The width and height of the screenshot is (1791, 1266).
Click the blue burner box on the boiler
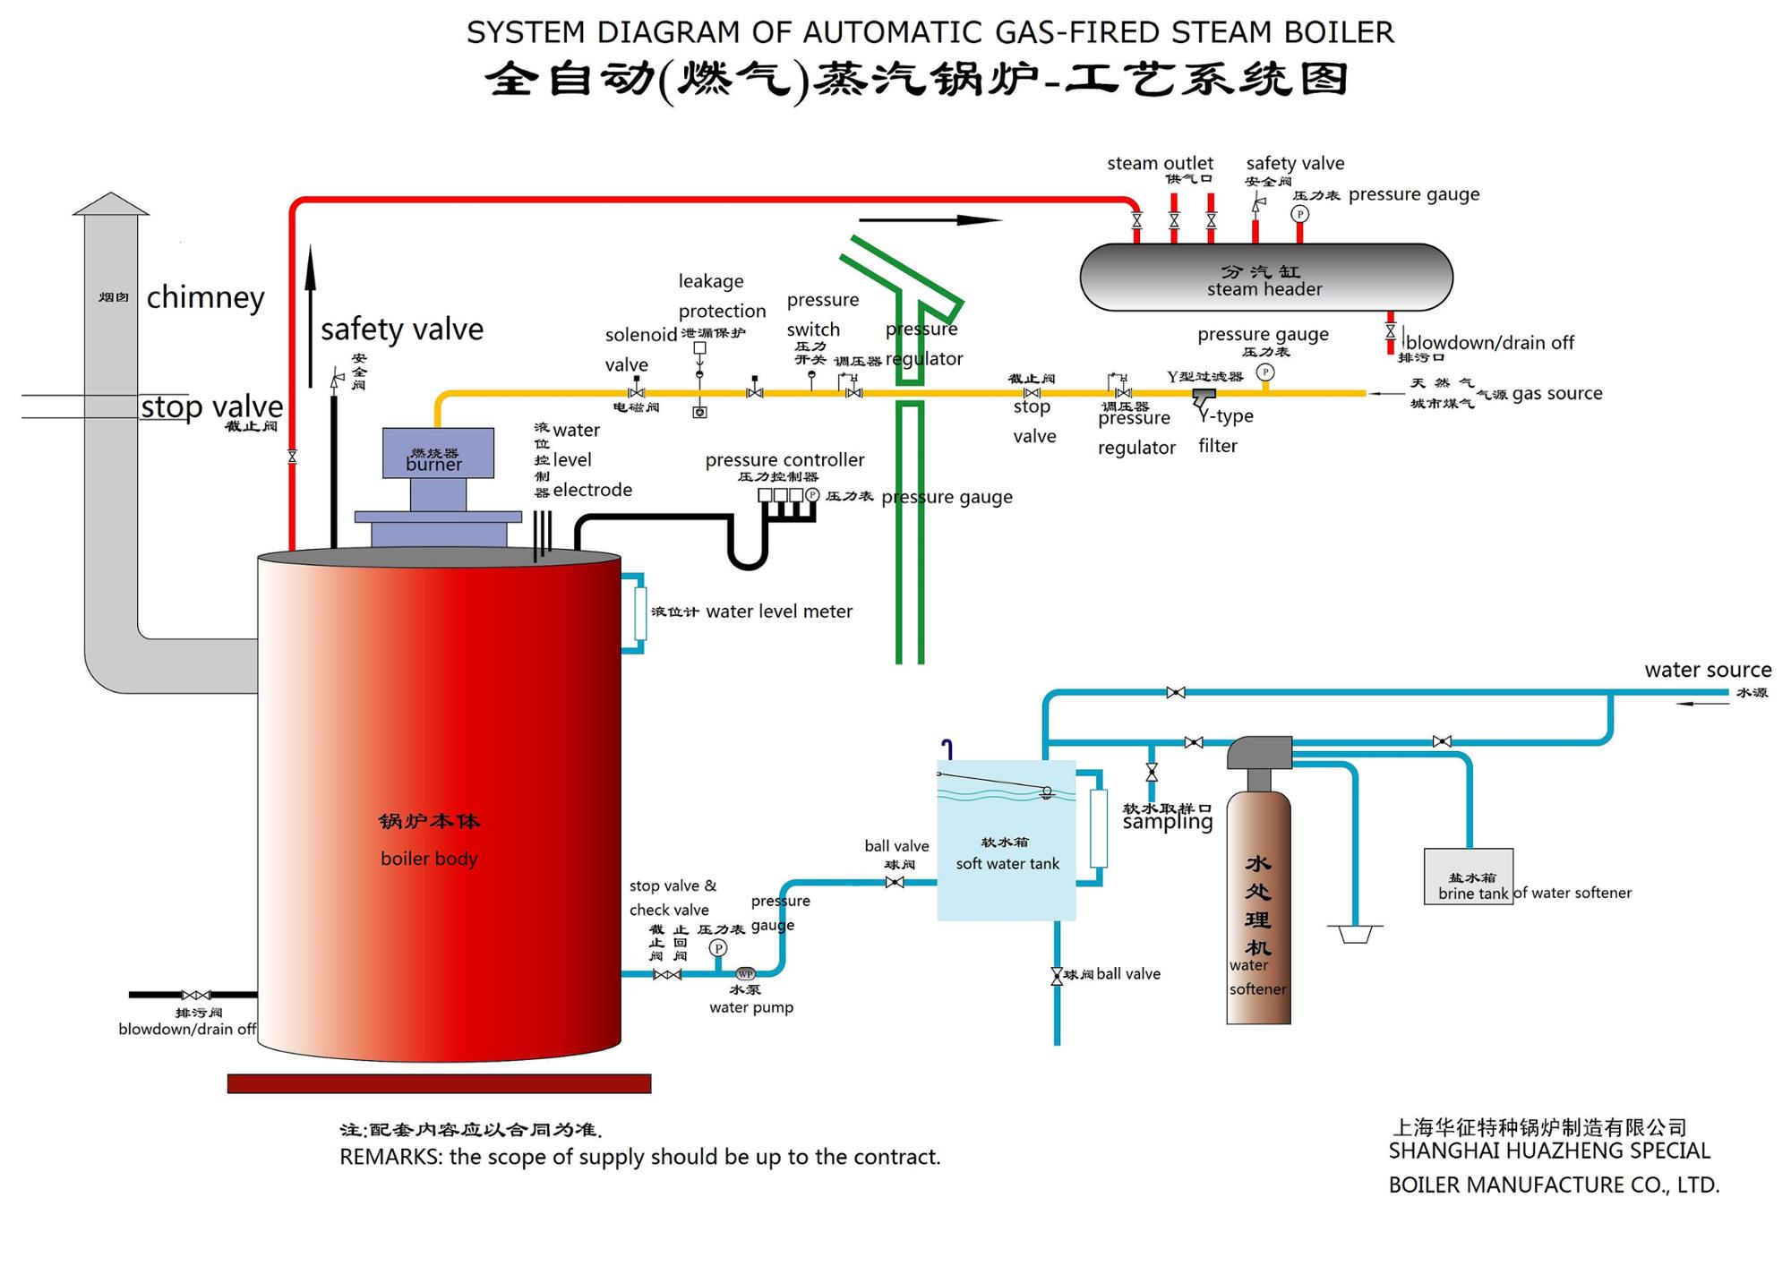click(438, 452)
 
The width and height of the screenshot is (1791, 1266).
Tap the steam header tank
click(1265, 278)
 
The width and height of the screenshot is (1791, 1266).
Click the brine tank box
click(1469, 877)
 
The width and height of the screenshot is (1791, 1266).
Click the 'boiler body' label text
click(429, 859)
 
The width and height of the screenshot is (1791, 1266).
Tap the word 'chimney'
click(205, 297)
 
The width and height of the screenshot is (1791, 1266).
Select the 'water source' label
click(1707, 670)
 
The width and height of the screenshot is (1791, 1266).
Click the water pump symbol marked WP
click(745, 974)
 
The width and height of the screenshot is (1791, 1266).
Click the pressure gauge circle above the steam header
click(1299, 214)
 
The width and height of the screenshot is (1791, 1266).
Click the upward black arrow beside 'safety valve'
click(311, 313)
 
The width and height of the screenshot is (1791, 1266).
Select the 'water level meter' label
click(779, 612)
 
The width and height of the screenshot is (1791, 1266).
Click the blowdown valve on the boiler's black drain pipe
click(196, 995)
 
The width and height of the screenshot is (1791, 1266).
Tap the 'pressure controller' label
click(784, 460)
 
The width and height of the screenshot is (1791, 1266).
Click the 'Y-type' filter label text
click(1226, 416)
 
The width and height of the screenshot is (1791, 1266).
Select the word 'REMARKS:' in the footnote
click(390, 1157)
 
